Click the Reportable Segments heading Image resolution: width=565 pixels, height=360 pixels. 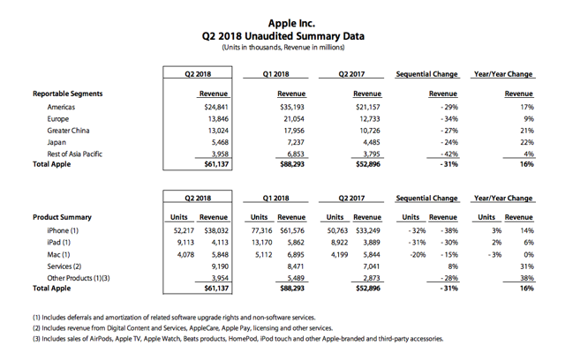click(x=68, y=93)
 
